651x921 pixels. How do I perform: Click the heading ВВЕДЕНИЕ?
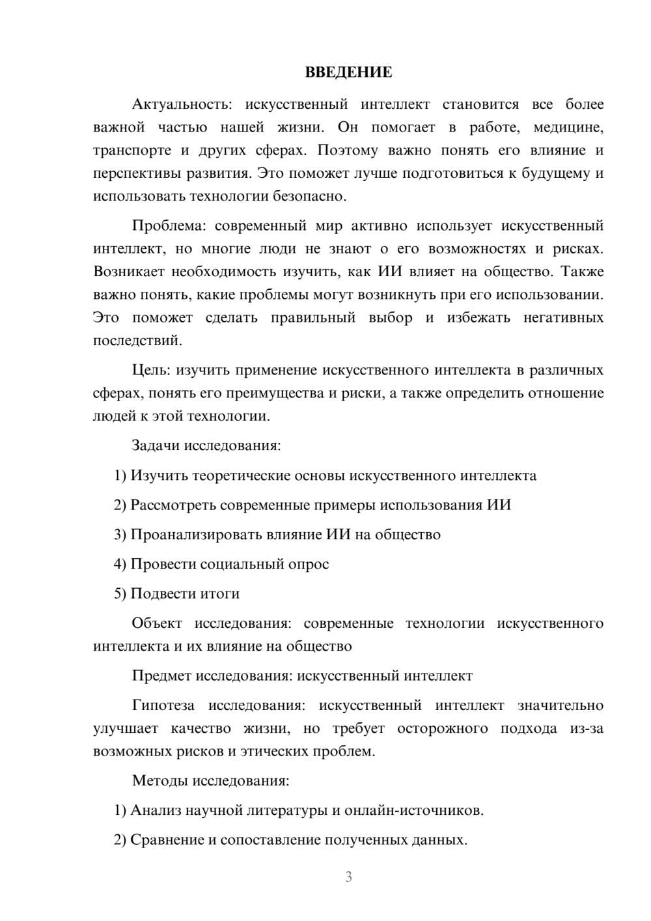point(348,72)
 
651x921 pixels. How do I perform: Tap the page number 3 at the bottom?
point(348,877)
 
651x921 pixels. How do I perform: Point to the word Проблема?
point(168,226)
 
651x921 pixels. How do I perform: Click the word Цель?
point(150,370)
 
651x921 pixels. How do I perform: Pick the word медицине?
point(568,127)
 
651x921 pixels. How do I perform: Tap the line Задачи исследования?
point(206,446)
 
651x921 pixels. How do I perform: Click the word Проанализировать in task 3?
point(196,535)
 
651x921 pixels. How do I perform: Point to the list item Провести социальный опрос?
point(221,564)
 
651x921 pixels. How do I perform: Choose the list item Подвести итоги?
point(176,593)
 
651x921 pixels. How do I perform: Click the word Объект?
point(157,623)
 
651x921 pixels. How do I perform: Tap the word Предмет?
point(161,675)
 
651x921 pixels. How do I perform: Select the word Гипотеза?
point(163,705)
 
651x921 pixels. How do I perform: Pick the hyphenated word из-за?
point(587,728)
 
